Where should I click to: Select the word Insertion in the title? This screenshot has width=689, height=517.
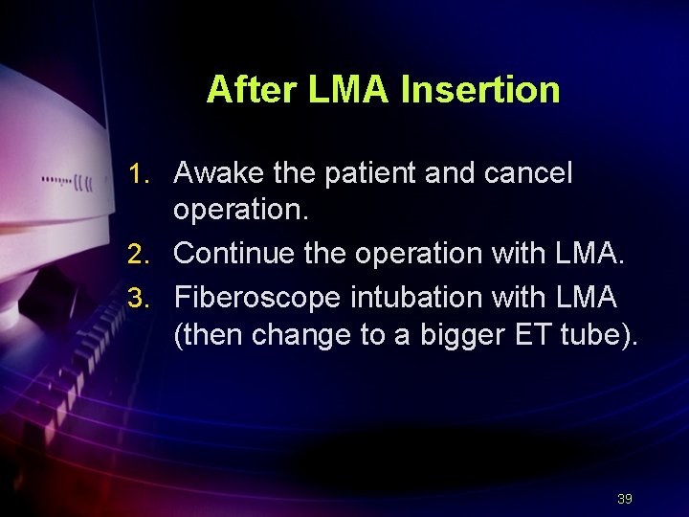(x=480, y=90)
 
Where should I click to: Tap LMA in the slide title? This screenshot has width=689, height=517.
(x=348, y=90)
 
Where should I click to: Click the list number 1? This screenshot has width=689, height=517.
(x=140, y=174)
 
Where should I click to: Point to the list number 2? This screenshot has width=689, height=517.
(x=140, y=254)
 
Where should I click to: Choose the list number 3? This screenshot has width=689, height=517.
(x=140, y=298)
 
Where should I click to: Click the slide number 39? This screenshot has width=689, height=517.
(x=625, y=499)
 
